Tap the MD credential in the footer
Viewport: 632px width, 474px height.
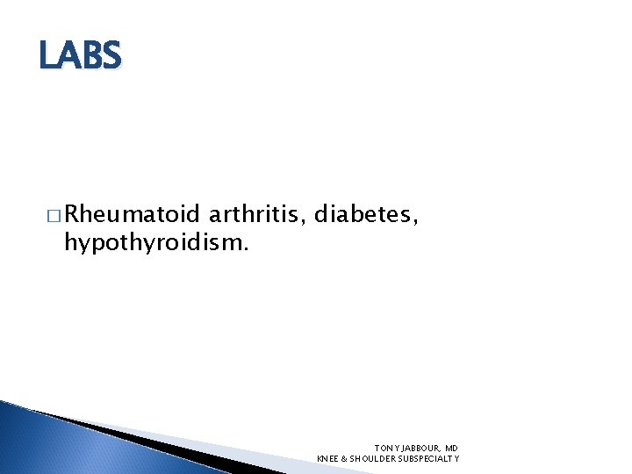point(451,448)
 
